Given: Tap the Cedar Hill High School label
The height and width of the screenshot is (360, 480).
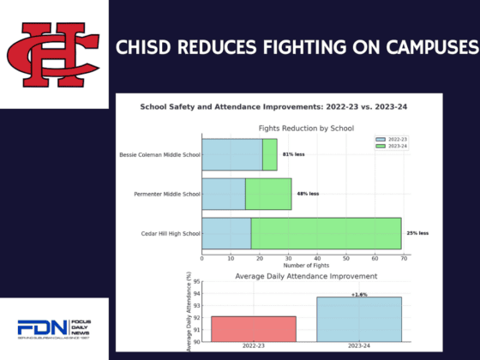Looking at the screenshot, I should click(x=170, y=233).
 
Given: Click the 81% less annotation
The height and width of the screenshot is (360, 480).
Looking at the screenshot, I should click(x=293, y=154).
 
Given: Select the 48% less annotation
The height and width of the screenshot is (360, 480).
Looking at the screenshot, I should click(x=308, y=194).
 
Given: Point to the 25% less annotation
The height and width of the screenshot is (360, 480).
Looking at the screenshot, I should click(x=417, y=233).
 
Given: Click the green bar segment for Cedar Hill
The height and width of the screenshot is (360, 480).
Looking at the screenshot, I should click(x=326, y=233).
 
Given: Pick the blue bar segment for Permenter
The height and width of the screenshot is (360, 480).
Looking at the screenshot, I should click(x=223, y=194).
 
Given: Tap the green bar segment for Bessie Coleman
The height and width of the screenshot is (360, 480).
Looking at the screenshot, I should click(x=269, y=154).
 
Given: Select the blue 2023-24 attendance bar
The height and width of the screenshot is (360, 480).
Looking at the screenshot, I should click(x=358, y=319).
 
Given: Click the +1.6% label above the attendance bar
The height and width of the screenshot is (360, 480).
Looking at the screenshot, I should click(x=358, y=294).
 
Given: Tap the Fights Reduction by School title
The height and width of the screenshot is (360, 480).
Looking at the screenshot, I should click(x=305, y=127).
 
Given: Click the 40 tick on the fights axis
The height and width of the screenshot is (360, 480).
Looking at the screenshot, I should click(x=316, y=258).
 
